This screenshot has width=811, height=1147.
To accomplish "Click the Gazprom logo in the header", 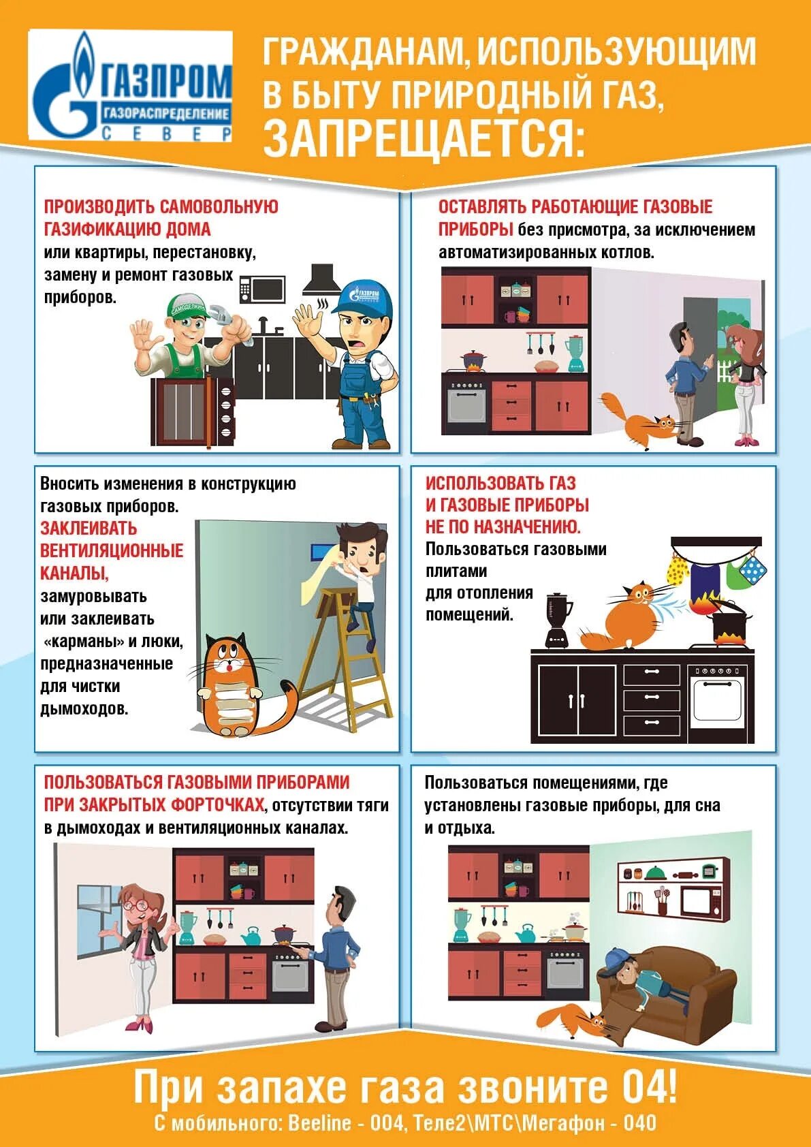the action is pyautogui.click(x=131, y=85).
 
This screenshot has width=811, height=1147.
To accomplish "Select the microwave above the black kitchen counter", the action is pyautogui.click(x=262, y=289).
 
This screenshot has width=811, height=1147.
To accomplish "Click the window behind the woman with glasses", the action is pyautogui.click(x=97, y=921).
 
